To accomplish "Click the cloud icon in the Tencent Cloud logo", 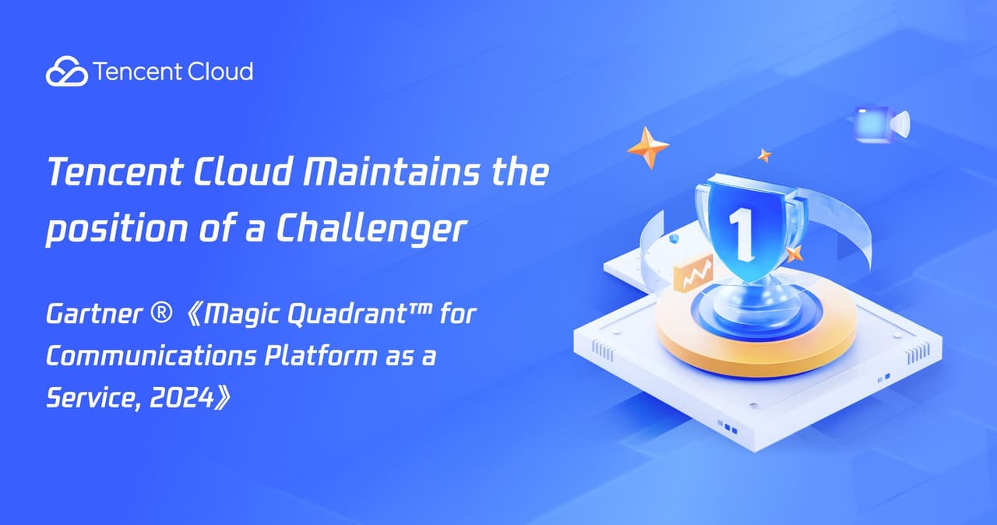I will pyautogui.click(x=66, y=72).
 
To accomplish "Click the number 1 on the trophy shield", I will pyautogui.click(x=741, y=230).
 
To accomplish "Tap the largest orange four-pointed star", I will pyautogui.click(x=648, y=147).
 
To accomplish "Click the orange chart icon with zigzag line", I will pyautogui.click(x=693, y=274).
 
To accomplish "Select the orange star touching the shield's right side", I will pyautogui.click(x=793, y=253).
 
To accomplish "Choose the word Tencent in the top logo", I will pyautogui.click(x=128, y=72).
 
